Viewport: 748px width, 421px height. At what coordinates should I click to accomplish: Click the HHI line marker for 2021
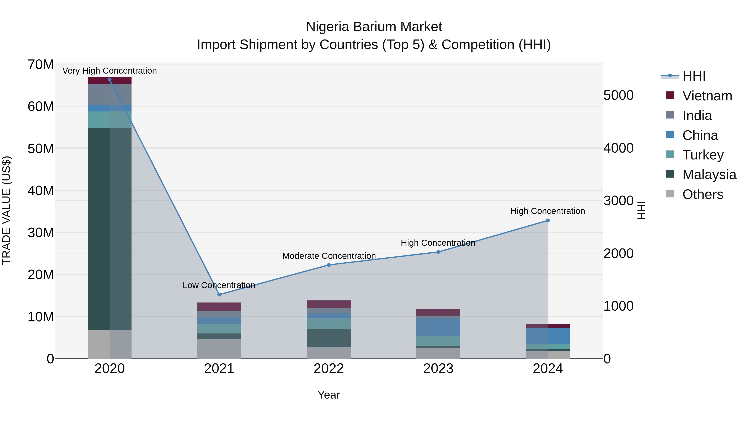coord(219,295)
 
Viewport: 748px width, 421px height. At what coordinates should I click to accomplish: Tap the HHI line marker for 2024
coord(548,221)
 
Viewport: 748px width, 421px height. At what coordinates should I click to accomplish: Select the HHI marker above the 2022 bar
coord(329,265)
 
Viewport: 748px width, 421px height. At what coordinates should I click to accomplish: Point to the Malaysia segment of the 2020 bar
coord(109,229)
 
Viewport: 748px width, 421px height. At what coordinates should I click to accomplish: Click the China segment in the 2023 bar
coord(438,327)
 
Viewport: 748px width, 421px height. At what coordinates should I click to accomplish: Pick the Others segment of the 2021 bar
coord(219,349)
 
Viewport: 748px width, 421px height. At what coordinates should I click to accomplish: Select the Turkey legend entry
coord(703,155)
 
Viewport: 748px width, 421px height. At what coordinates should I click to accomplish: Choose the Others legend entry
coord(702,194)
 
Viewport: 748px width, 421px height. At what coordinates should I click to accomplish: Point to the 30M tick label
coord(41,233)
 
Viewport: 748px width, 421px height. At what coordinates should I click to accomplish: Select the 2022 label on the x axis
coord(329,369)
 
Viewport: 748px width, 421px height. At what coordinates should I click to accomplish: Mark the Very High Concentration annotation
coord(109,71)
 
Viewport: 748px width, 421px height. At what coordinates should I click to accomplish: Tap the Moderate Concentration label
coord(329,256)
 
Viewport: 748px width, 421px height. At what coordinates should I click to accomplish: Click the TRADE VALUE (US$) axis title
coord(6,210)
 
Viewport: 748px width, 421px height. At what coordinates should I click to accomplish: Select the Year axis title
coord(329,395)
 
